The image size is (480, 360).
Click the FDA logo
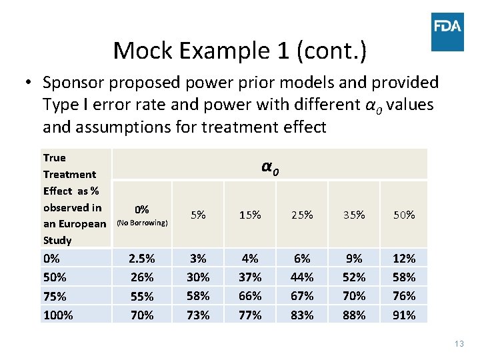pyautogui.click(x=447, y=31)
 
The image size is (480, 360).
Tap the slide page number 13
pyautogui.click(x=458, y=343)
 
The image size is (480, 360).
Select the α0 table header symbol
pyautogui.click(x=269, y=167)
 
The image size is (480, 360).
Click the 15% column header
pyautogui.click(x=250, y=215)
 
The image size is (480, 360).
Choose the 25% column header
pyautogui.click(x=302, y=215)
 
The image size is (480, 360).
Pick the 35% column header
pyautogui.click(x=354, y=215)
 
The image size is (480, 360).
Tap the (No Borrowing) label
pyautogui.click(x=142, y=223)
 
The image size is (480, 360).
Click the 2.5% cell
pyautogui.click(x=142, y=258)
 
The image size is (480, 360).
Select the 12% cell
pyautogui.click(x=405, y=258)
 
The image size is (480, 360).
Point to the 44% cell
pyautogui.click(x=302, y=277)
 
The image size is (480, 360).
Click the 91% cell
pyautogui.click(x=405, y=315)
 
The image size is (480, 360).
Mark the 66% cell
pyautogui.click(x=250, y=295)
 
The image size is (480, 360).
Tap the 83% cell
pyautogui.click(x=302, y=315)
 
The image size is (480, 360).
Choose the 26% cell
pyautogui.click(x=142, y=277)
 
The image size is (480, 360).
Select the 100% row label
pyautogui.click(x=58, y=315)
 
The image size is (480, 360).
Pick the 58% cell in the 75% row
pyautogui.click(x=198, y=295)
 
